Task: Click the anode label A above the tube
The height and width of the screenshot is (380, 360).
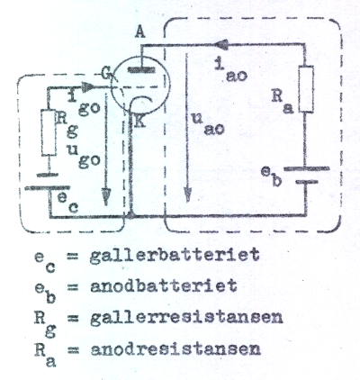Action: coord(139,32)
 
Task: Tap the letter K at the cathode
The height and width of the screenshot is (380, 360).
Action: coord(139,121)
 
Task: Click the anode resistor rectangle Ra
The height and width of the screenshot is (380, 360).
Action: coord(306,89)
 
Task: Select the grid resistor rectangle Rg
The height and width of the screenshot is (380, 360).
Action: coord(49,132)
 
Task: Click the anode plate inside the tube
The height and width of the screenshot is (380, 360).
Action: coord(141,70)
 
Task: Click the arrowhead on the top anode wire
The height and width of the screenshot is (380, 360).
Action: coord(221,45)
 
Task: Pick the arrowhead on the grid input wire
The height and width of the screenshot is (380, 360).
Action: coord(87,87)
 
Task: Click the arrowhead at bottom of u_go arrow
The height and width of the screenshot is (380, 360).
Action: coord(105,196)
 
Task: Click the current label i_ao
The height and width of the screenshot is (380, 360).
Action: coord(231,71)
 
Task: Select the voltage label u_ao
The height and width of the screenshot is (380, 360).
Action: coord(208,123)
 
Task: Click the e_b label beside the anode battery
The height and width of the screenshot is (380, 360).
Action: coord(271,177)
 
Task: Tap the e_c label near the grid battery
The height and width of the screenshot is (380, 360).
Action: coord(67,203)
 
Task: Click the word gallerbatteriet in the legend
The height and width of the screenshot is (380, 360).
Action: coord(175,256)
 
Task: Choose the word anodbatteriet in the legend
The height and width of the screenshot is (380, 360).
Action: coord(164,285)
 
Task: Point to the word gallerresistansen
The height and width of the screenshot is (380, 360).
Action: coord(186,319)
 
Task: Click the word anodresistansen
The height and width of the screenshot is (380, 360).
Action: coord(175,349)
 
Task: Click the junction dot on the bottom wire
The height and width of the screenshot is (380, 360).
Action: coord(130,215)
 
